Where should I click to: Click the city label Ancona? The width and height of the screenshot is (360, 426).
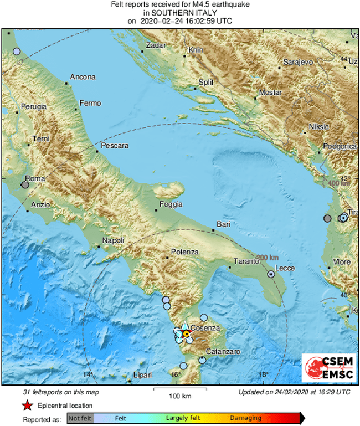click(83, 77)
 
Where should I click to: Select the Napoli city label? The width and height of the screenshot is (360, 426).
click(114, 241)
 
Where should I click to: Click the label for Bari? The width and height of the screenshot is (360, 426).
click(224, 224)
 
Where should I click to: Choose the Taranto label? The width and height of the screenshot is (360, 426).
click(245, 261)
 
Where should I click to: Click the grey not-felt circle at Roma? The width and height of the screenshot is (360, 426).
click(25, 185)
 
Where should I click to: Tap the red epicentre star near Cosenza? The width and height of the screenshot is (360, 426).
click(186, 333)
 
